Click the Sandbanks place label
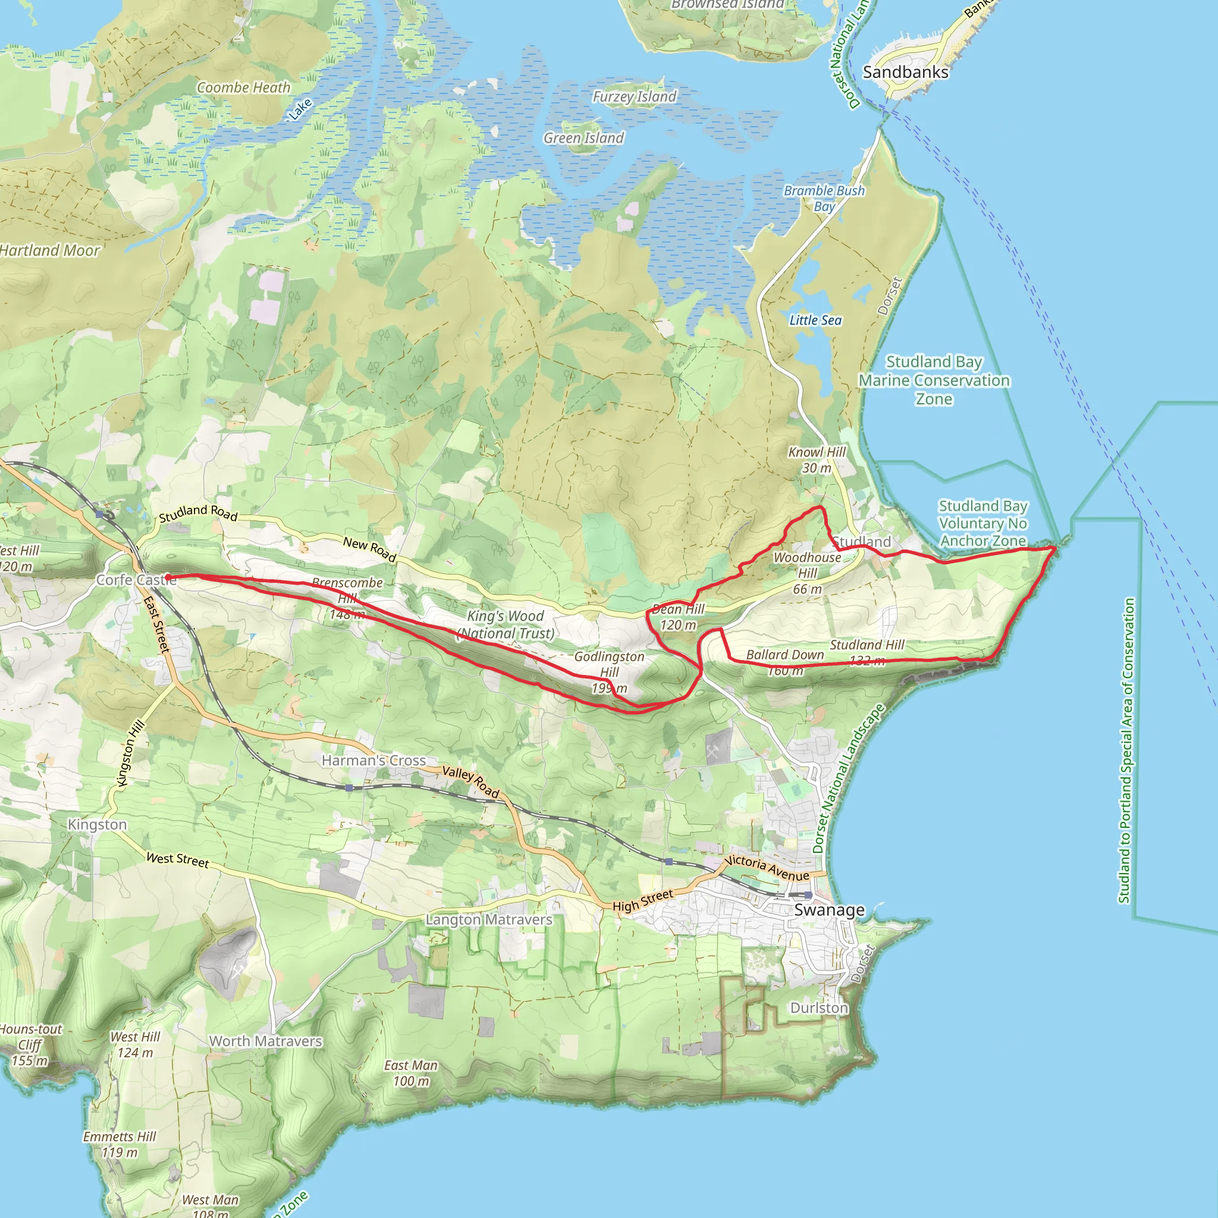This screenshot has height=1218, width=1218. point(905,73)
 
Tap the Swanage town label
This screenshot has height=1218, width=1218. point(829,910)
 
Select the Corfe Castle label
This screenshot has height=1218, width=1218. point(136,580)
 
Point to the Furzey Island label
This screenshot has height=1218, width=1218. point(633,96)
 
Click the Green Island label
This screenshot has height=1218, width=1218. point(584,137)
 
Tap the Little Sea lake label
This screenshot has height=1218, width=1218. point(815,321)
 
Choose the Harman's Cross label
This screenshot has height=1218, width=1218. point(374,760)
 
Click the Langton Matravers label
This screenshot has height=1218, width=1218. point(489,920)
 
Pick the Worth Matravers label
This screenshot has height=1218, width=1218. point(265,1041)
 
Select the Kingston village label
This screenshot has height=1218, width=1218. point(97,825)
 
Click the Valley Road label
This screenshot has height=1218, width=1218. point(470,781)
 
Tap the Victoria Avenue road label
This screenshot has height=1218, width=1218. point(767,868)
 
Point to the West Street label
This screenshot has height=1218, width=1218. point(177,860)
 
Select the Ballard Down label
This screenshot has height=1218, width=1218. point(785,655)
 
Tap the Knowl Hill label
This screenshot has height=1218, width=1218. point(817,452)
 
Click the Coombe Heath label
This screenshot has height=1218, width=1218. point(243,87)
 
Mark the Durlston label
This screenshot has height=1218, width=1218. point(819,1007)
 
